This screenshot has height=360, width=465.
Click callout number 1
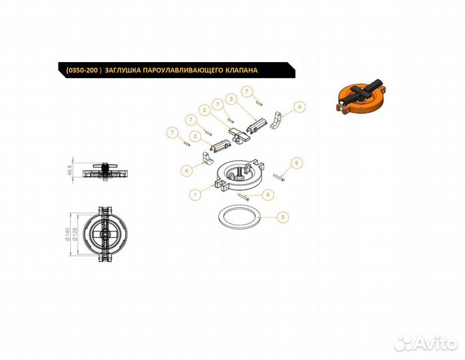click(195, 195)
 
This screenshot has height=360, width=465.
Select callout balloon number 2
click(205, 111)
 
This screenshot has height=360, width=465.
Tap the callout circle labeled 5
click(282, 217)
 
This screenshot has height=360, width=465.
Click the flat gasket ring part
click(240, 218)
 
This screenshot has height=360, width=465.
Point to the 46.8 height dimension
click(70, 171)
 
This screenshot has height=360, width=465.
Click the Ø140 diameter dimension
click(67, 234)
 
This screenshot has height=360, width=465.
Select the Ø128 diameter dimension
click(75, 234)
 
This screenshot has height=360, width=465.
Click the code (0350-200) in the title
click(84, 71)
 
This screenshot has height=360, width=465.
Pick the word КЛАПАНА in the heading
click(242, 71)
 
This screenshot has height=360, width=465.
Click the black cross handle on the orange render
click(362, 91)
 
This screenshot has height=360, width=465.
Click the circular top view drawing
click(105, 234)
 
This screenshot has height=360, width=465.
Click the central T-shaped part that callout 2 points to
click(238, 135)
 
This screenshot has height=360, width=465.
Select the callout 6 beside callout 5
click(268, 195)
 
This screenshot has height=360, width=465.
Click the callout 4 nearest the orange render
click(300, 107)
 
